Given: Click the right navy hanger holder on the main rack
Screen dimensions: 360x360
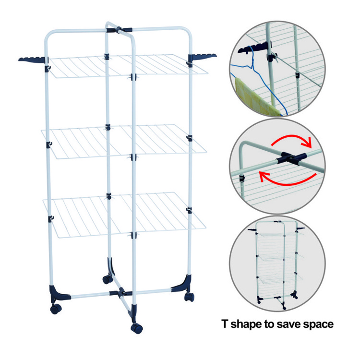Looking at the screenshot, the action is click(x=202, y=57).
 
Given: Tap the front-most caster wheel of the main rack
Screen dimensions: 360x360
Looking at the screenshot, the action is click(x=137, y=328).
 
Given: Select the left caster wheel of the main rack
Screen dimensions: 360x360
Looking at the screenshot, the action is click(x=56, y=309).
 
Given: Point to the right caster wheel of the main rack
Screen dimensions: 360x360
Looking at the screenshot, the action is click(x=189, y=297).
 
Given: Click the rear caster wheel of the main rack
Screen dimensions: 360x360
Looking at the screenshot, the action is click(x=108, y=279).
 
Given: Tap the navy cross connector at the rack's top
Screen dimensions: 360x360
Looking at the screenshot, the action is click(x=119, y=30).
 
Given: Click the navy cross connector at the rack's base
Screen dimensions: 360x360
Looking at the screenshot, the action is click(x=120, y=292).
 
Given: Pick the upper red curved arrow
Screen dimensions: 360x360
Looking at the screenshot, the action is click(x=291, y=138).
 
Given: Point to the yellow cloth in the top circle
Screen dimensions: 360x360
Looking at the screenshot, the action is click(x=255, y=96).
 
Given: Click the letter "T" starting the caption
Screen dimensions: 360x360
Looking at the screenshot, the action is click(x=225, y=324).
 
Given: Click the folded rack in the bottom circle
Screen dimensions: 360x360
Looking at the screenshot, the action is click(x=276, y=264).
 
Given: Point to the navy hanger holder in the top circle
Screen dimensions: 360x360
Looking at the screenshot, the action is click(x=254, y=48).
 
